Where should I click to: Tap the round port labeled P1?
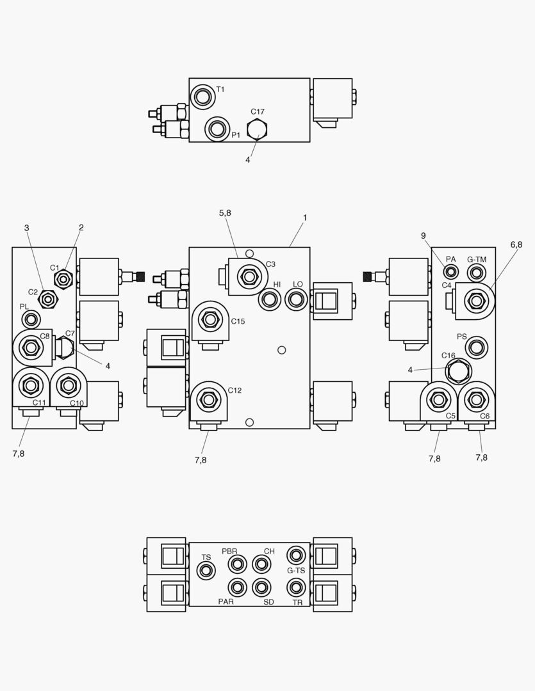pos(217,129)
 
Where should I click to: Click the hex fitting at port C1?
pos(63,279)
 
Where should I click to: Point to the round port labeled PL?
pos(29,319)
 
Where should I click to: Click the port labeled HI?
pos(270,299)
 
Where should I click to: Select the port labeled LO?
pos(295,298)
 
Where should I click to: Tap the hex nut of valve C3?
pos(248,277)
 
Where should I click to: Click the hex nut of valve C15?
pos(209,319)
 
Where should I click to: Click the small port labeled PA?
pos(451,273)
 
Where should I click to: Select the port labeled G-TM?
pos(476,273)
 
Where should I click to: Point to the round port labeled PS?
pos(476,348)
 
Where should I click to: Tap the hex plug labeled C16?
pos(458,371)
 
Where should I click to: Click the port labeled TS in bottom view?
pos(206,571)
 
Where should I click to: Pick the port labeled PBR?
pos(238,564)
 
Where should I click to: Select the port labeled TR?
pos(295,587)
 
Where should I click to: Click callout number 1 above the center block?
pos(305,218)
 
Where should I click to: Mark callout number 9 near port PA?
pos(424,236)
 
